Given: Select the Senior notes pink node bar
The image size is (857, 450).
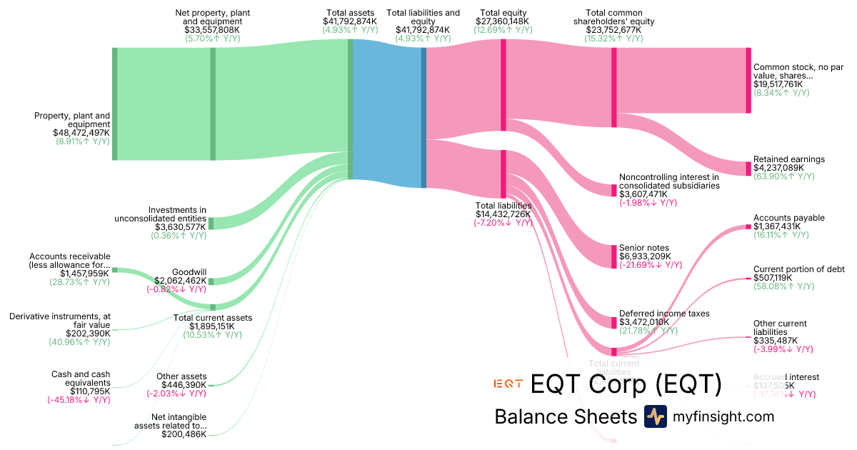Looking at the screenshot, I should (613, 256).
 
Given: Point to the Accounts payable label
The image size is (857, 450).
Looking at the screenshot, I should (788, 218).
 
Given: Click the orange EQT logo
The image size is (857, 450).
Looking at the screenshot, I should (508, 384).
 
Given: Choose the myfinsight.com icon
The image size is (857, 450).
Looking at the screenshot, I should (655, 416).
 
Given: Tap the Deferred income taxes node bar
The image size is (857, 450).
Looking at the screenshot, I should (613, 321).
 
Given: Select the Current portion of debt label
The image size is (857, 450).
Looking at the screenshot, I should (798, 269).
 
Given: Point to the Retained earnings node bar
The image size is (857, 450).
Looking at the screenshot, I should (748, 169).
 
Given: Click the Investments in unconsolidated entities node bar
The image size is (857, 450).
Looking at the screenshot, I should (211, 223).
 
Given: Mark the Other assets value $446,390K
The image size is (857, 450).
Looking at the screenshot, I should (184, 385).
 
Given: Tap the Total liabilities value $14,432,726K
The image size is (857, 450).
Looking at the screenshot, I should (504, 214).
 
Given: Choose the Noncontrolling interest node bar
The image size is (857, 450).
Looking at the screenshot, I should (613, 190).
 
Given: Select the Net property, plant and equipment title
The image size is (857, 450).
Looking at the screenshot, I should (213, 17).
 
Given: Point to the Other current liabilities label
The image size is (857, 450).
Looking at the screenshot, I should (780, 328).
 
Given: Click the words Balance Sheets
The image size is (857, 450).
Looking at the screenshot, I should (565, 417).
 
